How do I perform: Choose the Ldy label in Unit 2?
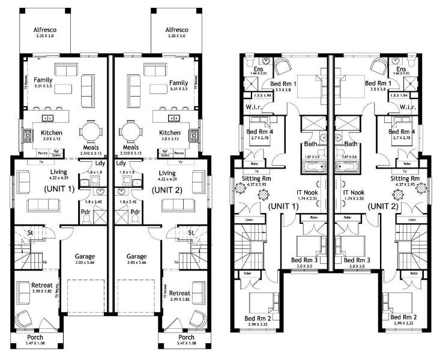coord(121,163)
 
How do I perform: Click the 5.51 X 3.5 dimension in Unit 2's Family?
coord(178,89)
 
